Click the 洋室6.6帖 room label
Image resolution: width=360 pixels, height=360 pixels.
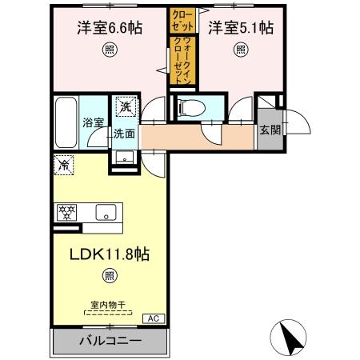click(110, 29)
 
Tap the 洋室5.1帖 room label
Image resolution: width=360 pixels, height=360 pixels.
click(241, 29)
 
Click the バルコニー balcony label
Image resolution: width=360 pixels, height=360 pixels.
click(110, 341)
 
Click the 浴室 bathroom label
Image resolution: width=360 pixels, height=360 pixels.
click(94, 122)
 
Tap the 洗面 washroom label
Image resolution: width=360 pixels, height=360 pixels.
click(123, 134)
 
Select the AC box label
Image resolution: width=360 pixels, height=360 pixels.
click(150, 318)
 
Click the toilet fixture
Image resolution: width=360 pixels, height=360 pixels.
click(190, 107)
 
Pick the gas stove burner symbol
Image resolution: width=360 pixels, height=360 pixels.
click(66, 212)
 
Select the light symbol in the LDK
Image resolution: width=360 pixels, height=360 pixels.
click(109, 277)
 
